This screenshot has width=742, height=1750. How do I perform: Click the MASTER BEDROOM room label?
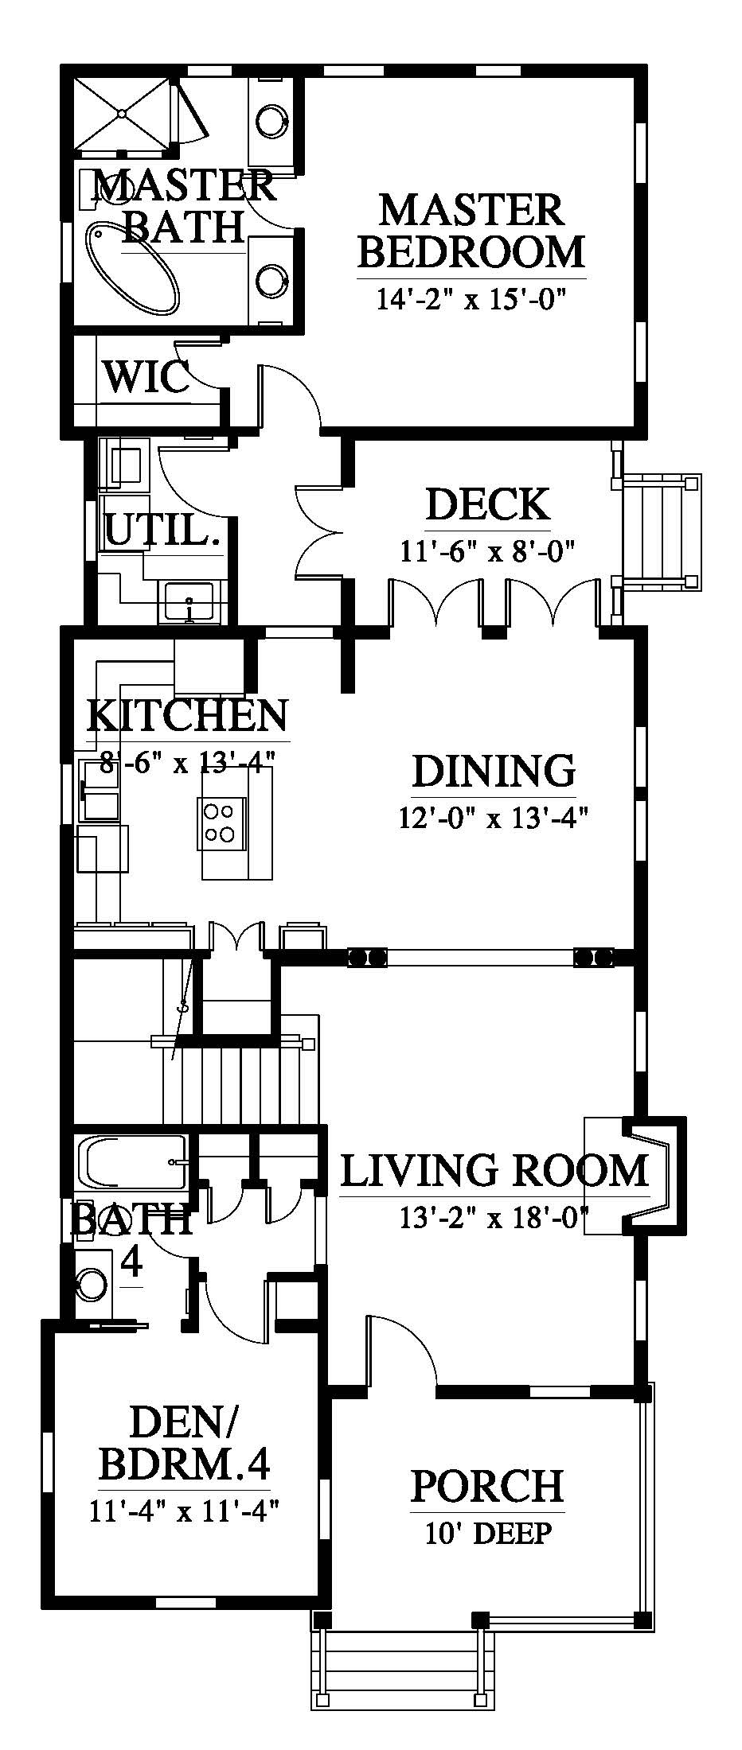tap(472, 231)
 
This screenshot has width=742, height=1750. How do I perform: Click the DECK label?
tap(487, 505)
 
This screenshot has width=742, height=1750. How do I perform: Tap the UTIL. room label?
tap(162, 528)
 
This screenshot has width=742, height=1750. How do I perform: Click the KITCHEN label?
tap(187, 715)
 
